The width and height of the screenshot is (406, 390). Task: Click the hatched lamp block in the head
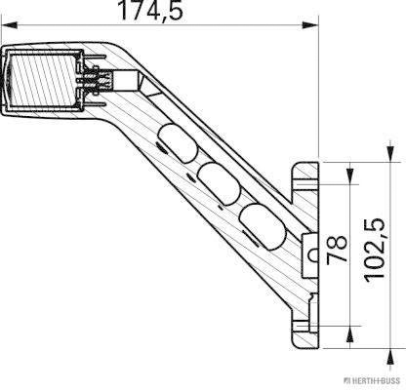(40, 80)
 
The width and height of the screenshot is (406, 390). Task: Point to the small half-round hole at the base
(312, 254)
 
